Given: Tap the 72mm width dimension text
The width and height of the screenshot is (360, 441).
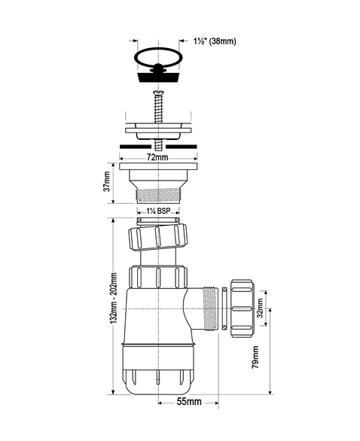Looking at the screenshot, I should [x=157, y=159].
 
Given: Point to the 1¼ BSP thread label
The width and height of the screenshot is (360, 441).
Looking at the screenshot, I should [x=157, y=211].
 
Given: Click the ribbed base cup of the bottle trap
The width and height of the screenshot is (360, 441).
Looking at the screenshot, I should [x=157, y=373].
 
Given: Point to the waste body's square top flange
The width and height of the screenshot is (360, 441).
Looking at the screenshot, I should [x=157, y=166].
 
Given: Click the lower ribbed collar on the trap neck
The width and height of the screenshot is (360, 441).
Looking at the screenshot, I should [x=157, y=277].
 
